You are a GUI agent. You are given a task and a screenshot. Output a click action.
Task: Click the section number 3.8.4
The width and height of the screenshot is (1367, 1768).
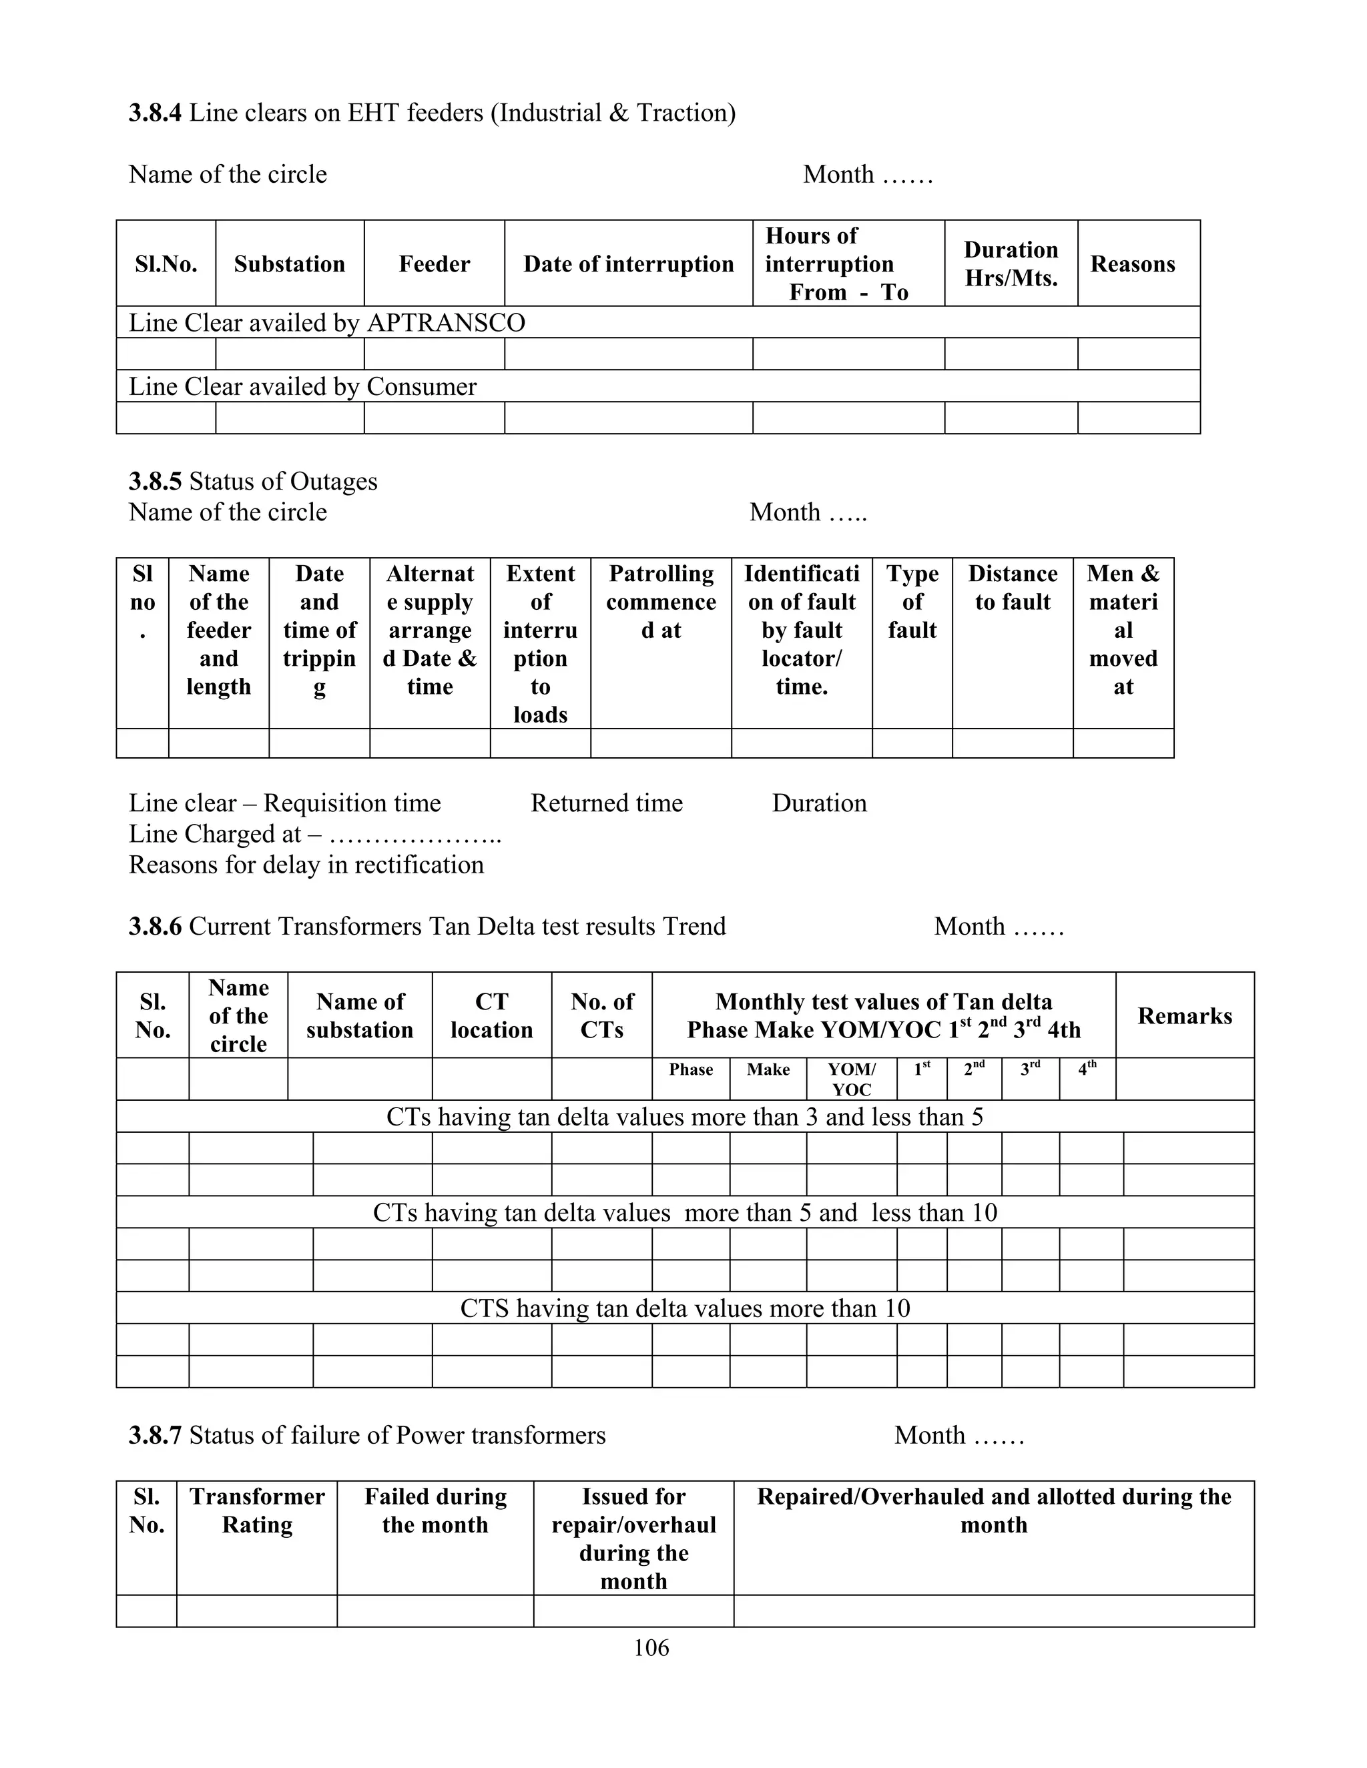pos(155,113)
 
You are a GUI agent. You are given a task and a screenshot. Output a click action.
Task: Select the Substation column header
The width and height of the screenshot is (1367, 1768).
pos(289,264)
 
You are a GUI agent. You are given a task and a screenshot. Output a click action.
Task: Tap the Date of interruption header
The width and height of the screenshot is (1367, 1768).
pos(628,264)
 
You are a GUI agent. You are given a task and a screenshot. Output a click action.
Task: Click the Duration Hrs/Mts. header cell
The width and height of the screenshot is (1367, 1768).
pos(1011,264)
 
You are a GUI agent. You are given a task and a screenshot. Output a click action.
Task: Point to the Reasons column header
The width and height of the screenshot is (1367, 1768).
pos(1132,264)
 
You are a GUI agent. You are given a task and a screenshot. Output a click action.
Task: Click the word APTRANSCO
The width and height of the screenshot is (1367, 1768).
pos(447,323)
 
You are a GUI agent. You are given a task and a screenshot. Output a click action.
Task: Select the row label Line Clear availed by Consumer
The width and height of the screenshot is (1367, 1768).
pos(303,386)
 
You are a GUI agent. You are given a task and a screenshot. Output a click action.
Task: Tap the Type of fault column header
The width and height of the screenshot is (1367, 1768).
pos(912,602)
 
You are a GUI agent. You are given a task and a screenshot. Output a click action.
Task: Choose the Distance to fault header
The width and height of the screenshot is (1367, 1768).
pos(1013,588)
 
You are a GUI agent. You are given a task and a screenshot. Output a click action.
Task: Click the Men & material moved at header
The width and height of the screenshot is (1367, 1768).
pos(1123,630)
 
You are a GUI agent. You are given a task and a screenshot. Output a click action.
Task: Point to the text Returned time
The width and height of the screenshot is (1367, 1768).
pos(607,803)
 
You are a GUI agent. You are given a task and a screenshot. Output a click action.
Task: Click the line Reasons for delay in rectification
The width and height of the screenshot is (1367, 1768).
pos(306,865)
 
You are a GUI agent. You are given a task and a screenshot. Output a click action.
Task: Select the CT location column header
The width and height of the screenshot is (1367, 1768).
pos(491,1015)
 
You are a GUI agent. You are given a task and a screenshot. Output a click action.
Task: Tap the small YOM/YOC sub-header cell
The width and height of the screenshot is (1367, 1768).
pos(851,1079)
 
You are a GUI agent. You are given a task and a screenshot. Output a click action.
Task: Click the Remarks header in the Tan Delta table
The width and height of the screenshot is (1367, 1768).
pos(1184,1016)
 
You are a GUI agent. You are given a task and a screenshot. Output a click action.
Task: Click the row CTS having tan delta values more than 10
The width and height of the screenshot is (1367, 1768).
pos(684,1308)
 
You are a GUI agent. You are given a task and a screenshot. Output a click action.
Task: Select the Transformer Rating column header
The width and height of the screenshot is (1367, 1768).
pos(257,1510)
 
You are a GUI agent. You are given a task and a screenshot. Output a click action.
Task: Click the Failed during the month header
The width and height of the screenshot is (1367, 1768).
pos(435,1510)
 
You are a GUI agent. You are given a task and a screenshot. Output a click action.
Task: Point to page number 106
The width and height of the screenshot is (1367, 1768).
pos(651,1647)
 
